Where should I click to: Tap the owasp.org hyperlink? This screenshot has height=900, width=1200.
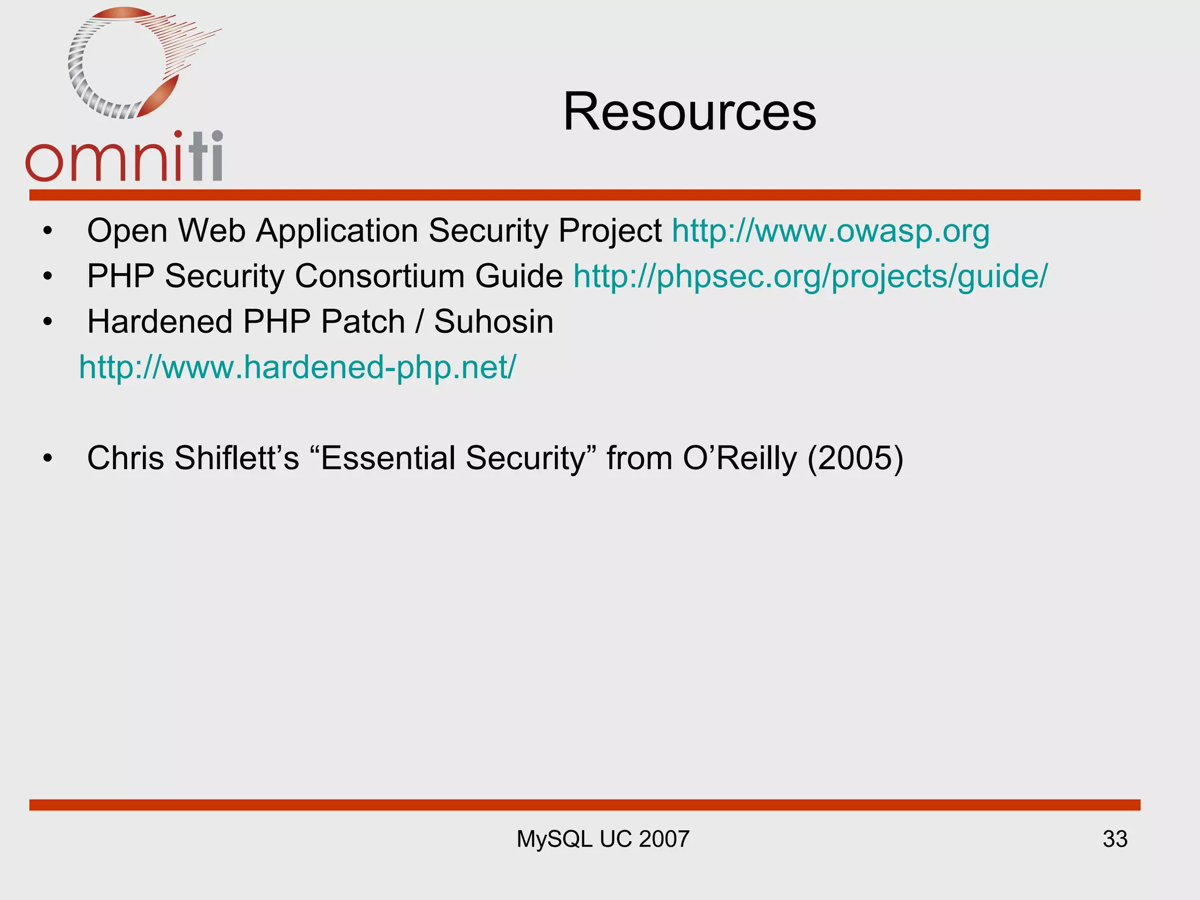tap(830, 230)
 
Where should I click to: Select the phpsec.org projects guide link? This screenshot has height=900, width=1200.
tap(810, 276)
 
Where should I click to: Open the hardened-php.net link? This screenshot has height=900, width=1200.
tap(298, 367)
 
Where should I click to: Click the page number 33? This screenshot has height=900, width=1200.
tap(1114, 839)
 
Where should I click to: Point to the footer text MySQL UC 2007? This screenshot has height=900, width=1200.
tap(602, 839)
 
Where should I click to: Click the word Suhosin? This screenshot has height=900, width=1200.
tap(493, 322)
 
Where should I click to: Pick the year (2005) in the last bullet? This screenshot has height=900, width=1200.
tap(855, 458)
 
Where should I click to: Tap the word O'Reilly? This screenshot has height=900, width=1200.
tap(739, 458)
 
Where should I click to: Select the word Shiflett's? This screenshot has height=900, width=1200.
tap(237, 458)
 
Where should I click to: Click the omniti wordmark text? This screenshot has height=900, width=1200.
tap(124, 158)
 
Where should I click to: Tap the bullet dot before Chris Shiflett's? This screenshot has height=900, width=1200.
tap(47, 458)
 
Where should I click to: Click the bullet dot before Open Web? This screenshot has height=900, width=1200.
tap(47, 230)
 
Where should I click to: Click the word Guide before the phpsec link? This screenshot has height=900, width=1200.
tap(519, 276)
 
